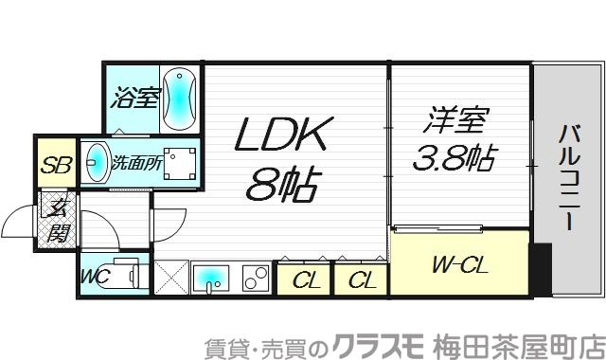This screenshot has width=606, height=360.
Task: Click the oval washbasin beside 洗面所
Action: point(96,162)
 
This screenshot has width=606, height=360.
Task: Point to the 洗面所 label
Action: point(136,162)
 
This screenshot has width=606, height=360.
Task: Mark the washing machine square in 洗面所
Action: point(181,163)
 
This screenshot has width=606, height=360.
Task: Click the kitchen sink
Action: point(212,278)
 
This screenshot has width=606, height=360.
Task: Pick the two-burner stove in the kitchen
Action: point(255,278)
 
